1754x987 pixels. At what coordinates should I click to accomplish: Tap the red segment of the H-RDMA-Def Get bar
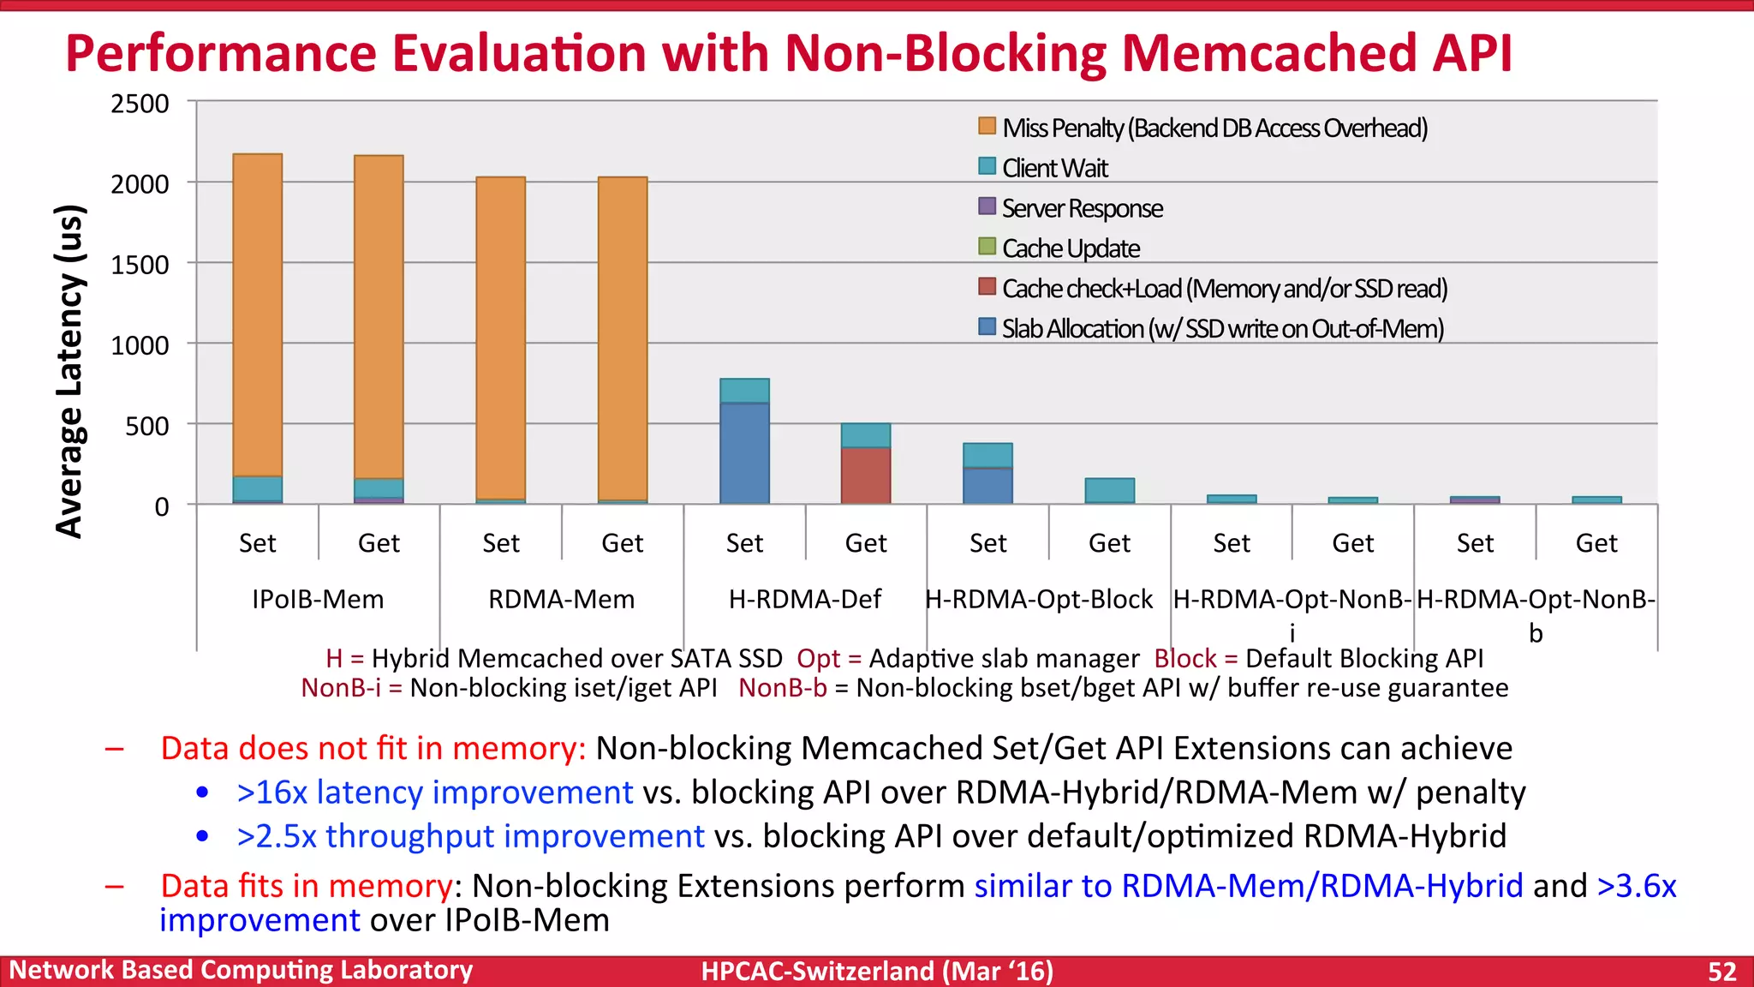coord(866,475)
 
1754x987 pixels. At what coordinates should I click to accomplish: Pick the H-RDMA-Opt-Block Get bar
coord(1109,490)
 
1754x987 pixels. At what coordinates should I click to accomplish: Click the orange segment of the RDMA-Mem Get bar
coord(623,338)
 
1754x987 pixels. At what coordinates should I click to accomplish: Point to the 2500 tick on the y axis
coord(140,104)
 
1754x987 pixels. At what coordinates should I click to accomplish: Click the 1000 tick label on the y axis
coord(140,345)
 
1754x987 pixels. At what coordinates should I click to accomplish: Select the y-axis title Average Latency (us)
coord(70,371)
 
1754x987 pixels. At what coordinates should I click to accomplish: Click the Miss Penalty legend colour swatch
coord(987,127)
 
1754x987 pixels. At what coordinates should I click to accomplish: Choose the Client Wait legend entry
coord(1054,168)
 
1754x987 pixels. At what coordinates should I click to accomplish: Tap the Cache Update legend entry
coord(1070,248)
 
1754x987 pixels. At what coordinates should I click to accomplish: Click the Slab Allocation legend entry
coord(1222,329)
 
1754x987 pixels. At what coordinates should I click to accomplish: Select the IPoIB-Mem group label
coord(318,599)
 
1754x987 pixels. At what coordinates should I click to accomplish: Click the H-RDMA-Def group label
coord(804,599)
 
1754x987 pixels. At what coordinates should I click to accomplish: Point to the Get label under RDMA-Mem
coord(623,543)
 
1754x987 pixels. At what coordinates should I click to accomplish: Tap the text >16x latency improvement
coord(435,792)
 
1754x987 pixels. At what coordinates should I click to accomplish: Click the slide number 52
coord(1721,972)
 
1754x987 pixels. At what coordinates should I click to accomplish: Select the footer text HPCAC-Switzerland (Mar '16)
coord(877,972)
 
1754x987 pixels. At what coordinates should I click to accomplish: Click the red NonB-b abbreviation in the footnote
coord(782,688)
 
